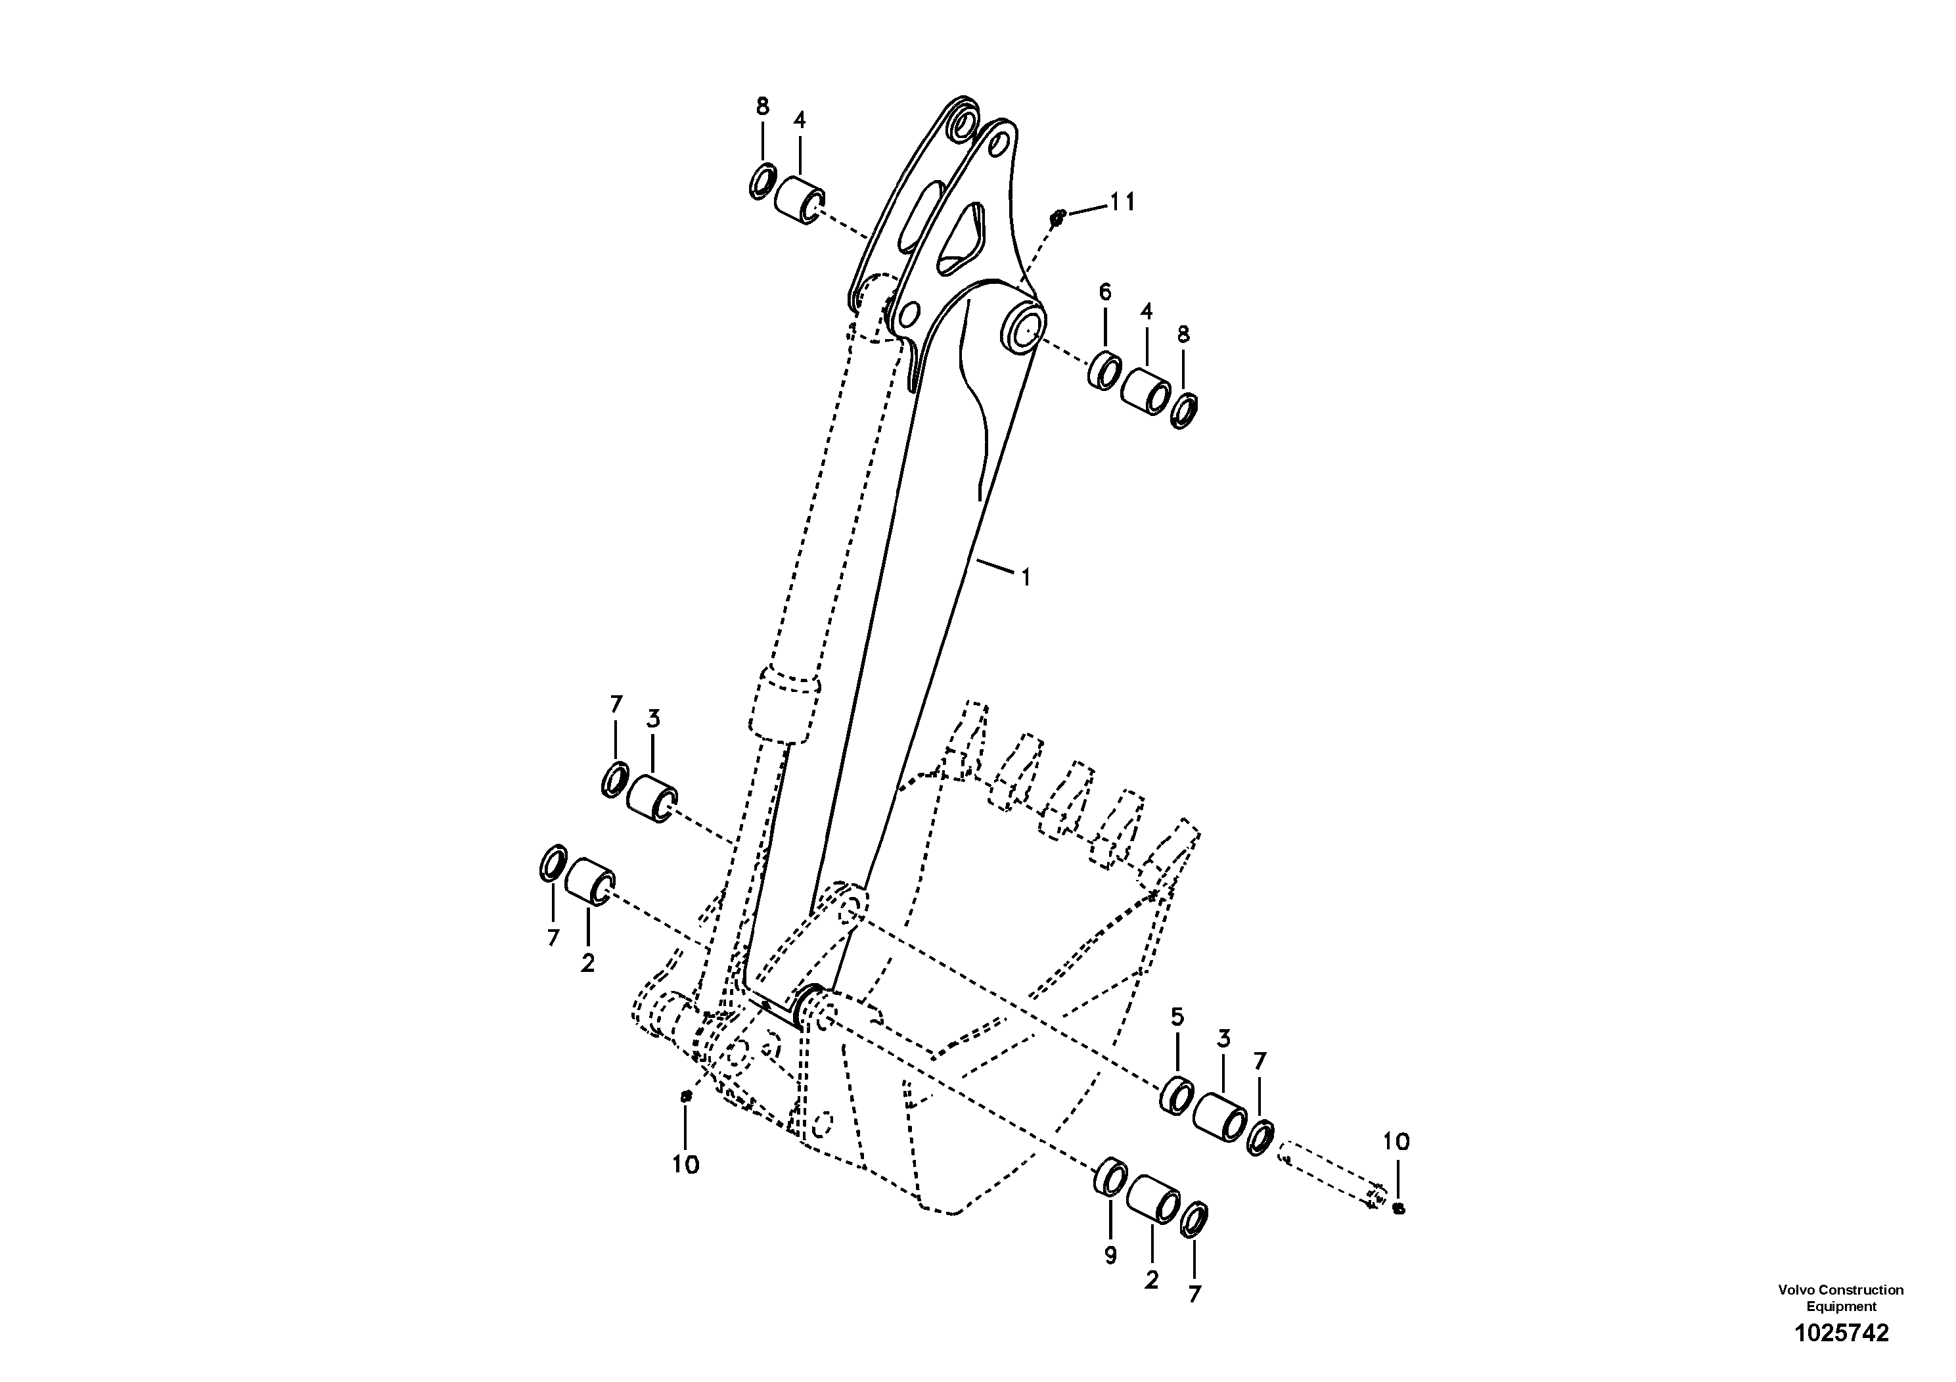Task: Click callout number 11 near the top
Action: pos(1122,203)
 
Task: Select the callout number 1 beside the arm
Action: pos(1026,578)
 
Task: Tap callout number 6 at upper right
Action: pos(1105,292)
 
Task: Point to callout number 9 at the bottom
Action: pos(1110,1256)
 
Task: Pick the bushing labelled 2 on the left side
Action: pos(589,882)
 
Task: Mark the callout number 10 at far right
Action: pos(1396,1141)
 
